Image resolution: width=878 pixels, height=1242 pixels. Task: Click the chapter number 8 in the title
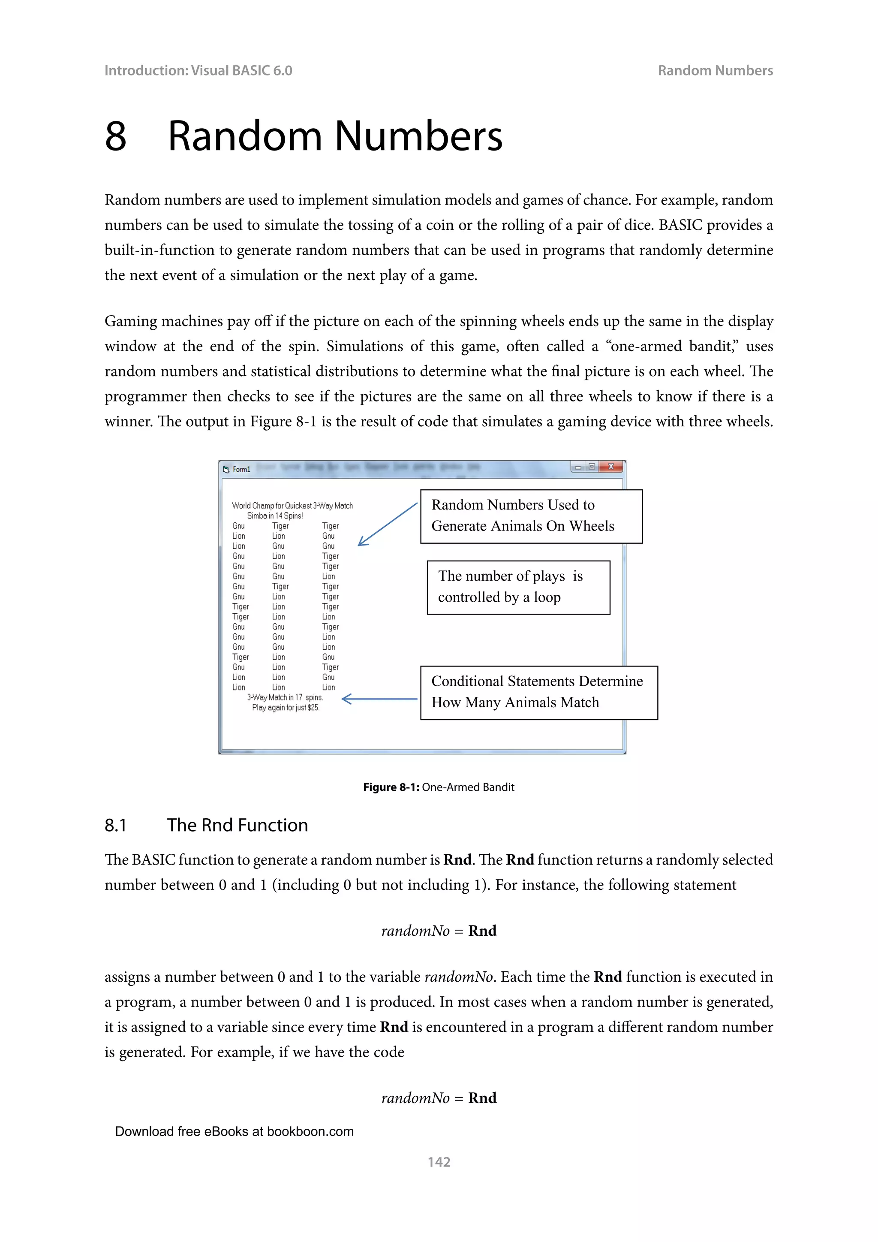(x=116, y=136)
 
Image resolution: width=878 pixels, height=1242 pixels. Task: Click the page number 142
(x=439, y=1161)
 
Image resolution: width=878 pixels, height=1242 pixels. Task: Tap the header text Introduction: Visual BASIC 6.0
(x=198, y=71)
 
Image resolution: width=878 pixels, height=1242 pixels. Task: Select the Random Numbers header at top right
(x=715, y=71)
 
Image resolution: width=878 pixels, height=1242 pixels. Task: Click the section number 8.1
(x=116, y=825)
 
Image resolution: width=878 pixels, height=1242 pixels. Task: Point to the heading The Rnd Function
(x=238, y=825)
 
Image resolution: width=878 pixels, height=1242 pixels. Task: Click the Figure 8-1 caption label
(x=391, y=787)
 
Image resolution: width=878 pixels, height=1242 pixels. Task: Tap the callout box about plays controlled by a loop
(x=518, y=587)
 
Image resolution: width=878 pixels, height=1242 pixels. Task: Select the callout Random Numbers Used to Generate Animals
(x=531, y=516)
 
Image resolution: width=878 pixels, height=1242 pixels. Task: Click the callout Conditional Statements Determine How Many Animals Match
(x=538, y=692)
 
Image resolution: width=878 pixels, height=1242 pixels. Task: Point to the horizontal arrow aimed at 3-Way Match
(x=379, y=699)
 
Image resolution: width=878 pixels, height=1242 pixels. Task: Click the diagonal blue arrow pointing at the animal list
(x=388, y=524)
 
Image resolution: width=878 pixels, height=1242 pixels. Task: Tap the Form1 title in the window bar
(x=241, y=469)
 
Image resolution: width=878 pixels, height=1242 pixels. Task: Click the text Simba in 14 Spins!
(x=275, y=515)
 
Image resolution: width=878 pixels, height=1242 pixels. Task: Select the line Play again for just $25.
(x=286, y=708)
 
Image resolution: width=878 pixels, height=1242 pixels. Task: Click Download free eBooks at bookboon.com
(x=234, y=1131)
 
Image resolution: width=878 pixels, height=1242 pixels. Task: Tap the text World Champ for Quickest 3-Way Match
(x=292, y=505)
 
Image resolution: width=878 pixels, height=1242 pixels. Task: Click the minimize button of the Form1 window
(x=577, y=467)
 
